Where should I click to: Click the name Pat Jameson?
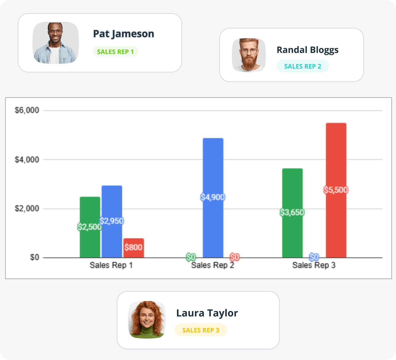(x=124, y=34)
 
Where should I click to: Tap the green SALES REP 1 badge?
(x=115, y=52)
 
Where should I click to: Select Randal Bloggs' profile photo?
(x=249, y=55)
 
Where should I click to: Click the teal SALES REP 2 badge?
(x=302, y=66)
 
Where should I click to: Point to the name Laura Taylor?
(x=207, y=313)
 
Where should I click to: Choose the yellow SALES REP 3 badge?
(x=201, y=330)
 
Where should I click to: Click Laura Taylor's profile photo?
(x=147, y=320)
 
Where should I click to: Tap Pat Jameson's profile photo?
(x=55, y=43)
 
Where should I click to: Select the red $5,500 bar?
(x=336, y=158)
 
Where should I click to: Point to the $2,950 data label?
(x=112, y=221)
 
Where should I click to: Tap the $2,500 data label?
(x=89, y=227)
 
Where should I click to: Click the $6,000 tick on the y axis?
(x=27, y=110)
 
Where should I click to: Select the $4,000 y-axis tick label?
(x=27, y=160)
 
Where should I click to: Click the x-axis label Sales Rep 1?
(x=111, y=265)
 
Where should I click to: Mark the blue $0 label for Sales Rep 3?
(x=314, y=257)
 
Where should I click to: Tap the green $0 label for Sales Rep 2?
(x=191, y=257)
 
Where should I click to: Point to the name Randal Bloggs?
(x=307, y=50)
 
